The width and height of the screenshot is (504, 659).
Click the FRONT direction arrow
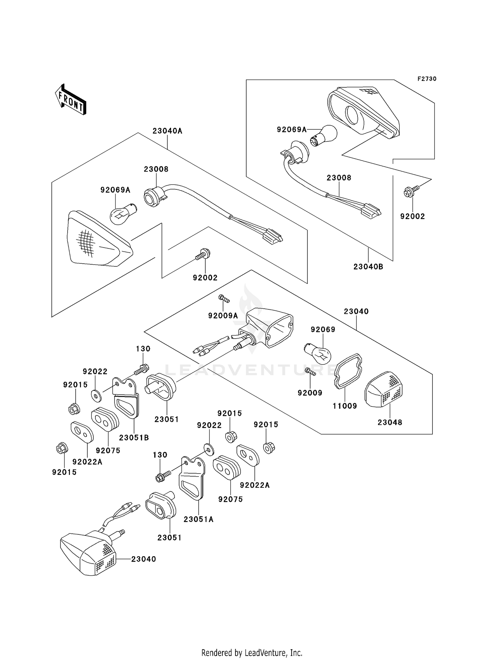(x=71, y=100)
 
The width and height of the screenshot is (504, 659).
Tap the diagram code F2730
(x=427, y=79)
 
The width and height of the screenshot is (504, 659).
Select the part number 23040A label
(x=167, y=131)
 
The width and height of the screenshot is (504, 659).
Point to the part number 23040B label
(x=368, y=267)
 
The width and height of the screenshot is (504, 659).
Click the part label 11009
(x=345, y=406)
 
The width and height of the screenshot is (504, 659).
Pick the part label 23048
(x=389, y=423)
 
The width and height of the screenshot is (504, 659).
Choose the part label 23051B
(x=134, y=438)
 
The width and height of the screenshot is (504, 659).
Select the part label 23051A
(x=198, y=519)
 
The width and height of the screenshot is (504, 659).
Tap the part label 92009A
(x=223, y=316)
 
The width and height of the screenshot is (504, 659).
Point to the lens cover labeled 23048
(x=384, y=390)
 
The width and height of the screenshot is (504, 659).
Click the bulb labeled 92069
(x=318, y=352)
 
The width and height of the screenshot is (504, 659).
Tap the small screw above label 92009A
(x=223, y=298)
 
